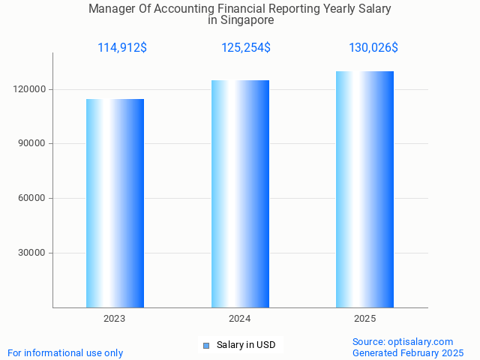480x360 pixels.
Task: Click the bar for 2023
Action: click(115, 202)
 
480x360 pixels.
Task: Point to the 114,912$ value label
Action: click(122, 48)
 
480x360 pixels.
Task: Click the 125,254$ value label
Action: click(246, 48)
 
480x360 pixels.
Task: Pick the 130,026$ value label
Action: click(373, 48)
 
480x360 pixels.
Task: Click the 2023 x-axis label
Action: click(115, 319)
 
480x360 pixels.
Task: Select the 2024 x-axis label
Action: click(240, 319)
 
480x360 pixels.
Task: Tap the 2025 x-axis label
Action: click(364, 319)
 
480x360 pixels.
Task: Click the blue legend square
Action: click(206, 345)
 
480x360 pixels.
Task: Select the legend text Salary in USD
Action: click(246, 345)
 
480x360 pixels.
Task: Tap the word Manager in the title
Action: click(112, 9)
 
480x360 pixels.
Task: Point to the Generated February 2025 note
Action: click(408, 352)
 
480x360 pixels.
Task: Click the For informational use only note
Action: click(65, 352)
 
